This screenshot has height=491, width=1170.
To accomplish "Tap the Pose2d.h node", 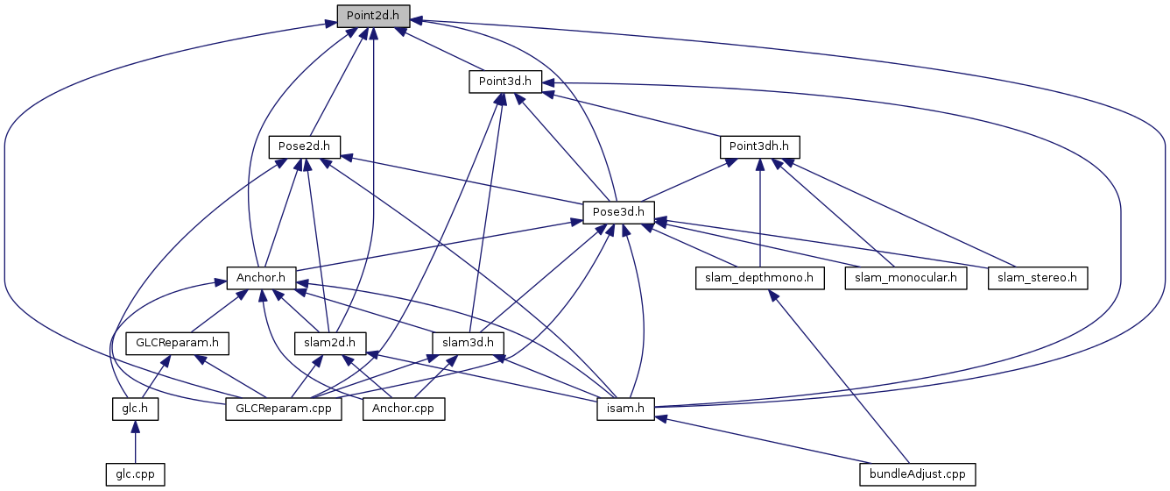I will tap(303, 146).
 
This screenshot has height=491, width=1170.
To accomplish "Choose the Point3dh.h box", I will tap(759, 146).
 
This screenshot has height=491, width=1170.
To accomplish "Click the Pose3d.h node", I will tap(617, 211).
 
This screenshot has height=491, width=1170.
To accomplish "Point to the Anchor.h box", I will tap(261, 277).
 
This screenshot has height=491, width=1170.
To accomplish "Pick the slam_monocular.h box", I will tap(906, 277).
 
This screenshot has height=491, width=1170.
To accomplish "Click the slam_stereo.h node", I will tap(1038, 277).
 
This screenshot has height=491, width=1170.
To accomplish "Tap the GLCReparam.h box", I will tap(177, 343).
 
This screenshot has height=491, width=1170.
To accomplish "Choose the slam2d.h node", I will tap(329, 343).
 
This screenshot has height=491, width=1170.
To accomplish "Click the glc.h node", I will tap(134, 409).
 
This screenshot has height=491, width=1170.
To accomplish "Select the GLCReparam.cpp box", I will tap(284, 409).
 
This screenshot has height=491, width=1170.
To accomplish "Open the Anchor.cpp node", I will tap(404, 409).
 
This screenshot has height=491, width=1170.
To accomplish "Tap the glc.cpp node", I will tap(134, 474).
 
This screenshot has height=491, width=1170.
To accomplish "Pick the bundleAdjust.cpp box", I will tap(917, 474).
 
